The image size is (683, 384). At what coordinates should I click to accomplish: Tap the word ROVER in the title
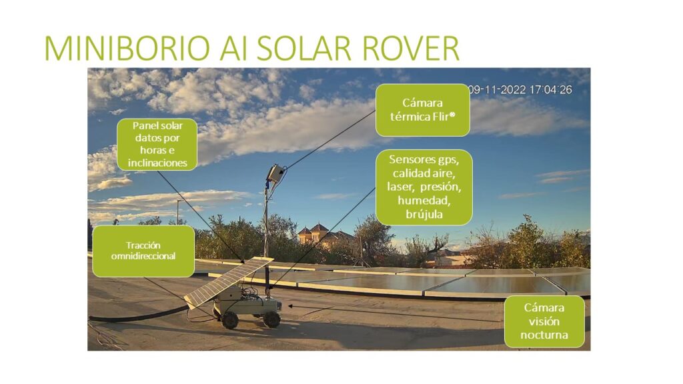coord(410,48)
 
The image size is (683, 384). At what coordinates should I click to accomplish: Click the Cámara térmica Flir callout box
coord(422,110)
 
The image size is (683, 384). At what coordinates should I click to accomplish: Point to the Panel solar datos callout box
coord(157,144)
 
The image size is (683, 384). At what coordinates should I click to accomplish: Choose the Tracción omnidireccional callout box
coord(143,251)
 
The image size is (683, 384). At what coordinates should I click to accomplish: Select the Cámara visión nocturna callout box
coord(544,321)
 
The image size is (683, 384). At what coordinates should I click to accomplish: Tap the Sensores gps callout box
coord(424,187)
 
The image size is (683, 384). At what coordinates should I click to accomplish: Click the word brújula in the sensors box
coord(424,214)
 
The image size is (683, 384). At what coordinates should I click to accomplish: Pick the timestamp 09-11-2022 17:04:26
coord(520,90)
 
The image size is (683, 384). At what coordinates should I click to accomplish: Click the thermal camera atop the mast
coord(275,174)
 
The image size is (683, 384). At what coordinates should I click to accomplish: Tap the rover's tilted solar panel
coord(228,282)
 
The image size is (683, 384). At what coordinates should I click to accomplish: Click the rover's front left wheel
coord(229,320)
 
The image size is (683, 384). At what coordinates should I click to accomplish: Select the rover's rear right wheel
coord(272,319)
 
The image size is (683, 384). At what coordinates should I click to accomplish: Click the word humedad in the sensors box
coord(424,200)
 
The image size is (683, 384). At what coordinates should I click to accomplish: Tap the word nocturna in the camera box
coord(544,335)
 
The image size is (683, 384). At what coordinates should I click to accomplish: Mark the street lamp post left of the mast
coord(178,212)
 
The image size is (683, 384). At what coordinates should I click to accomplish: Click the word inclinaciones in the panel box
coord(157,163)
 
